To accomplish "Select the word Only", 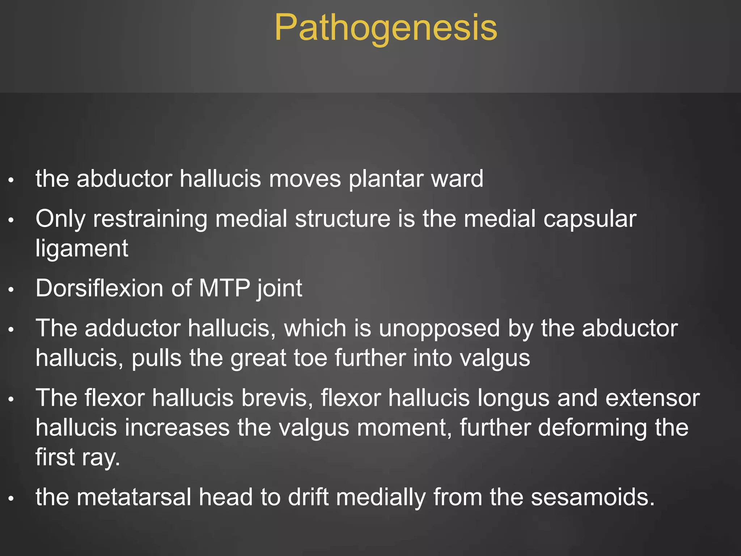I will point(60,219).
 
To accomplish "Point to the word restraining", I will point(150,219).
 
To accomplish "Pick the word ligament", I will point(82,248).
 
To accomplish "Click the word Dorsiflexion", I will point(99,288).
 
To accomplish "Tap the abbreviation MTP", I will point(224,288).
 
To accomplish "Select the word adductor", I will point(132,329).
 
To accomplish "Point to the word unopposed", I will point(440,329).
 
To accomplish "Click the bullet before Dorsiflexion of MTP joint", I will point(11,290).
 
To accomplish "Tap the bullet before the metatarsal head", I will point(11,498).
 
